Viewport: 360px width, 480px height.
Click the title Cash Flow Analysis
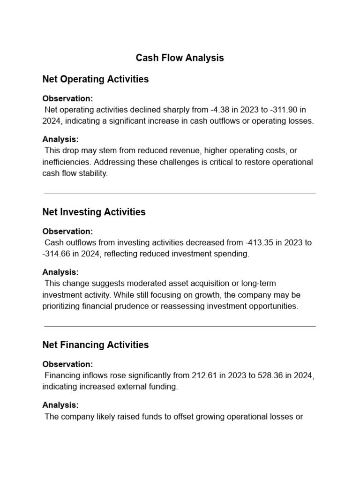coord(180,58)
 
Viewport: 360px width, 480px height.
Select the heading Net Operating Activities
coord(95,79)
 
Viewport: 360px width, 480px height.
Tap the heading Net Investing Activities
coord(94,212)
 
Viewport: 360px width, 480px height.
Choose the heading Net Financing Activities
coord(95,345)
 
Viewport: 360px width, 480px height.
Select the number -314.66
coord(58,254)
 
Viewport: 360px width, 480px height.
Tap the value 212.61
coord(205,375)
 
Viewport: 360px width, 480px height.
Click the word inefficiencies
coord(65,162)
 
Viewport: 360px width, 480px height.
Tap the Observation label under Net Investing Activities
coord(67,232)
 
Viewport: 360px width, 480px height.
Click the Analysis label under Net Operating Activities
coord(60,139)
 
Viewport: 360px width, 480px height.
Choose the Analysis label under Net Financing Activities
coord(60,405)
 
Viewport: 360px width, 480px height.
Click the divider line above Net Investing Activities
coord(180,194)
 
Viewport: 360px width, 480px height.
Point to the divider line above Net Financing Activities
coord(180,326)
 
